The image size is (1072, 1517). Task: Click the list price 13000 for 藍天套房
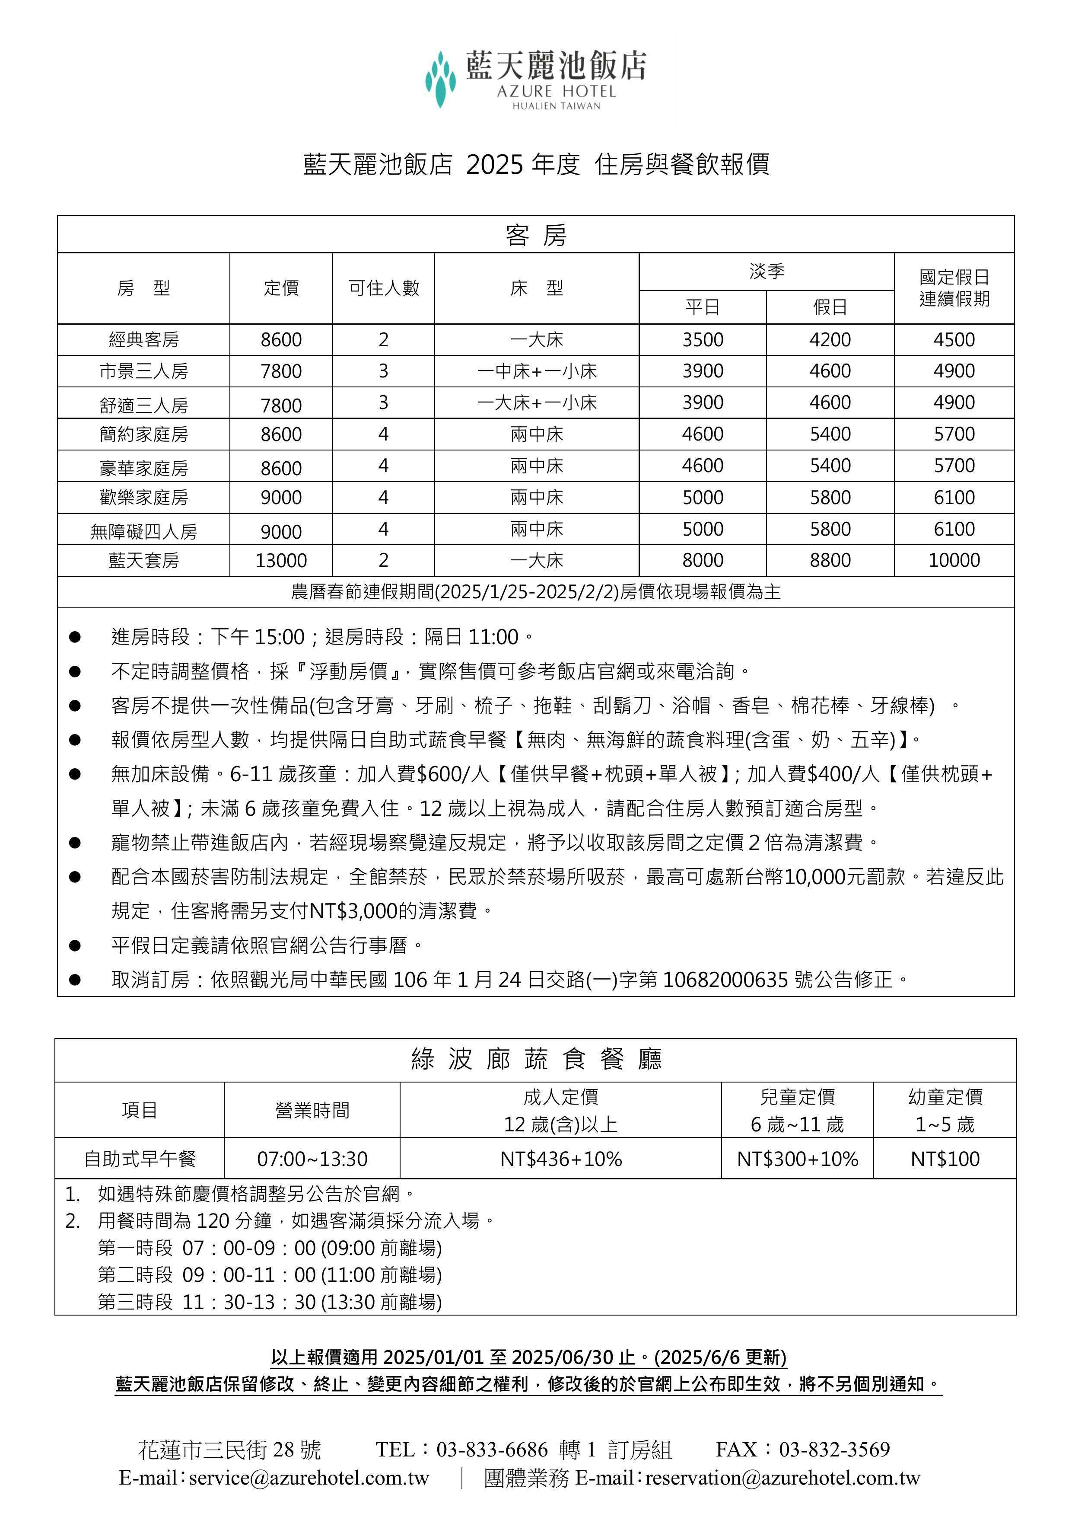(281, 560)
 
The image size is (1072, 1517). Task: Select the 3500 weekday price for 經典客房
(702, 340)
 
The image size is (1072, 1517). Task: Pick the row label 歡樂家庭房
(143, 498)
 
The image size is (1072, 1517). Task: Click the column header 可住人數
(383, 288)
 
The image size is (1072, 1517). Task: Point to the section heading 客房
(536, 235)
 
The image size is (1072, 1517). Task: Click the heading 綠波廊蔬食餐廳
(536, 1059)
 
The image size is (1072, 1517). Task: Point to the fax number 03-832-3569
(834, 1449)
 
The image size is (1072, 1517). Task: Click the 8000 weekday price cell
(702, 560)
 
